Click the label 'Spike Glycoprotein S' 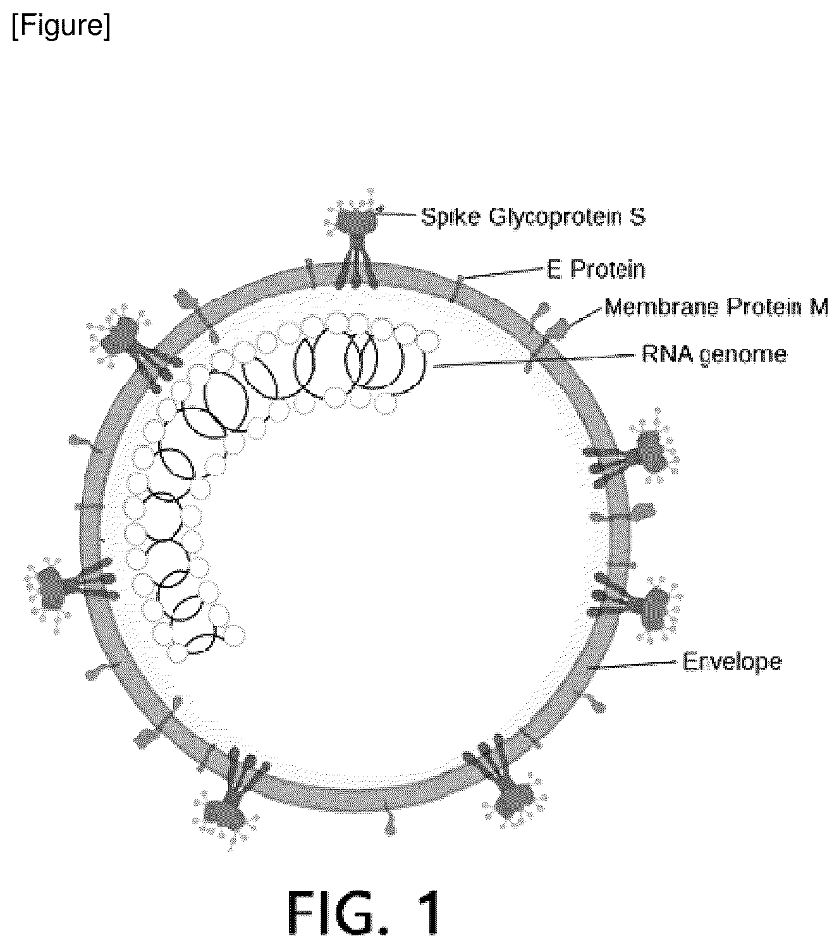tap(533, 217)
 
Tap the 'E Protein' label tap(596, 269)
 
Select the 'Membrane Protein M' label tap(716, 307)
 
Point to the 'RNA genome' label tap(714, 355)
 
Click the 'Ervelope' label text tap(732, 662)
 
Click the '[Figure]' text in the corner tap(61, 25)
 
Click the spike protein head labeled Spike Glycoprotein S tap(357, 219)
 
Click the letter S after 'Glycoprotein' tap(637, 217)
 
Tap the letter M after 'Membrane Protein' tap(819, 307)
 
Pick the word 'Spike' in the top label tap(451, 218)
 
